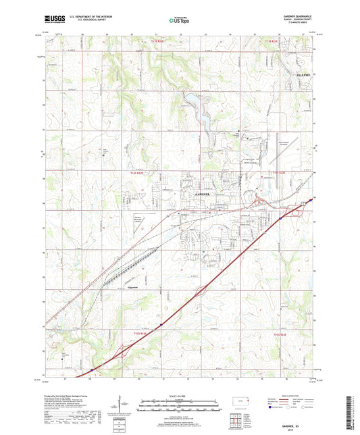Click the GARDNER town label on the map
click(202, 193)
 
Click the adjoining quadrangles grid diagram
click(236, 421)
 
